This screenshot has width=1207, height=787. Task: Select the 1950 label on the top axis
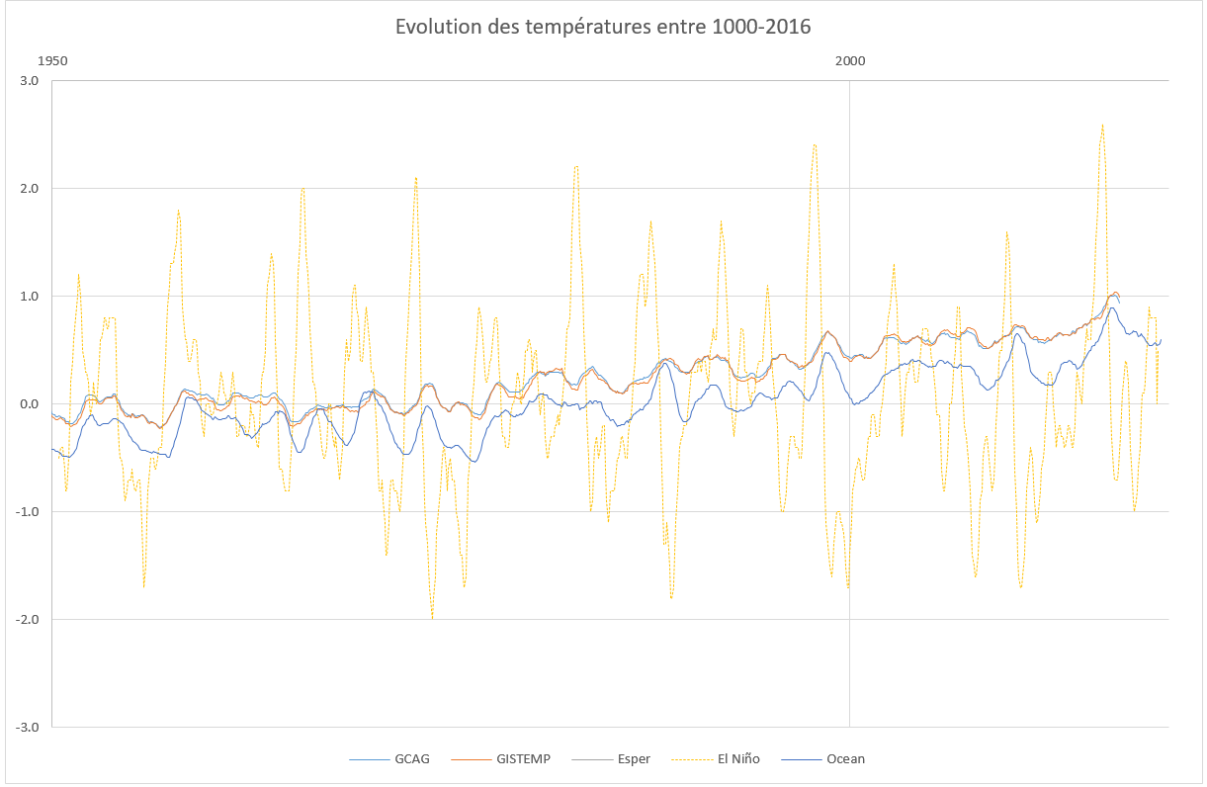point(52,61)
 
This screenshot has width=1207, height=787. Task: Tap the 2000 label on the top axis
point(849,61)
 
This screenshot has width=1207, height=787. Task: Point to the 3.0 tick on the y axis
point(28,81)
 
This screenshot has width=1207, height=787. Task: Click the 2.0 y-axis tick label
point(28,189)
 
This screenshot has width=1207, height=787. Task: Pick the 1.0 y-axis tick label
point(28,297)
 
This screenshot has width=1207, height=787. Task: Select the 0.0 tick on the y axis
point(28,404)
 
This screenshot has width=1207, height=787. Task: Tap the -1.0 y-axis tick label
point(26,512)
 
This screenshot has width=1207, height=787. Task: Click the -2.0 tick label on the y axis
point(26,620)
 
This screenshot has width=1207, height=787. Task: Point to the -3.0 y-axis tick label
point(26,728)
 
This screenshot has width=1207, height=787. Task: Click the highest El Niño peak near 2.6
point(1101,126)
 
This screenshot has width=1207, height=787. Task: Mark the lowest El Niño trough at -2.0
point(432,618)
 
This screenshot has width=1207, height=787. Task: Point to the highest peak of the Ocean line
point(1112,308)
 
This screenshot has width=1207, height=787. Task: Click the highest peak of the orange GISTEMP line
point(1115,293)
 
